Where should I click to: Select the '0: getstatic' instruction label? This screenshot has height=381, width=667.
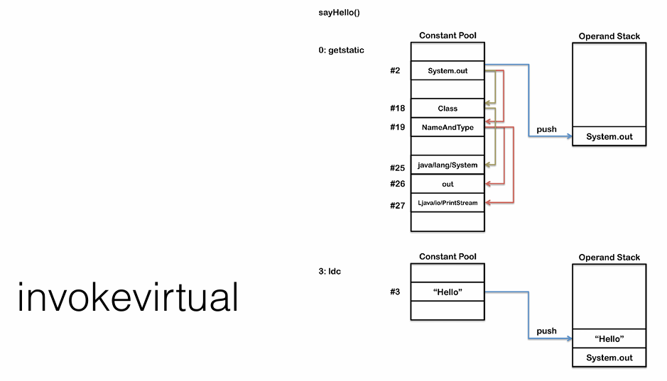[x=342, y=50]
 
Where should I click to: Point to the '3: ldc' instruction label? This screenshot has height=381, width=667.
[x=330, y=272]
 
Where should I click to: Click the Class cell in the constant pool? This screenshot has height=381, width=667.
[x=448, y=109]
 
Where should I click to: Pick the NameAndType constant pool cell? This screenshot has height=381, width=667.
[x=448, y=128]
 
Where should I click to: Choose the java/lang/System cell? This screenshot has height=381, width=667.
[x=448, y=165]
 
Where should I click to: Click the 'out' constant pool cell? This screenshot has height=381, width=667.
[x=448, y=184]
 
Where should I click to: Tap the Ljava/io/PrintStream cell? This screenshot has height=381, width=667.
[x=448, y=203]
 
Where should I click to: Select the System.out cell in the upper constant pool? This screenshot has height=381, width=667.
[x=448, y=71]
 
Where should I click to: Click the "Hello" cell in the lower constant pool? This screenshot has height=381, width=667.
[x=448, y=292]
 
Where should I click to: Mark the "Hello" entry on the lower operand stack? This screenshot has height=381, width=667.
[x=609, y=339]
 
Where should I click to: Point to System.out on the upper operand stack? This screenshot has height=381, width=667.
[x=609, y=136]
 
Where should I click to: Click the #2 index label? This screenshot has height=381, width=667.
[x=395, y=71]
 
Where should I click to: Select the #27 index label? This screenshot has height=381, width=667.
[x=397, y=206]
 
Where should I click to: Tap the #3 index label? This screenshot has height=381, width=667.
[x=395, y=292]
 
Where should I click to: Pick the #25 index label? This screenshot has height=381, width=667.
[x=397, y=168]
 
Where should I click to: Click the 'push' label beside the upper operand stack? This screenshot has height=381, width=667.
[x=546, y=129]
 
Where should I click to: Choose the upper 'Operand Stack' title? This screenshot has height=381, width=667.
[x=609, y=36]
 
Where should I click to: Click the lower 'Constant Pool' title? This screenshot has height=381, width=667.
[x=448, y=257]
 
